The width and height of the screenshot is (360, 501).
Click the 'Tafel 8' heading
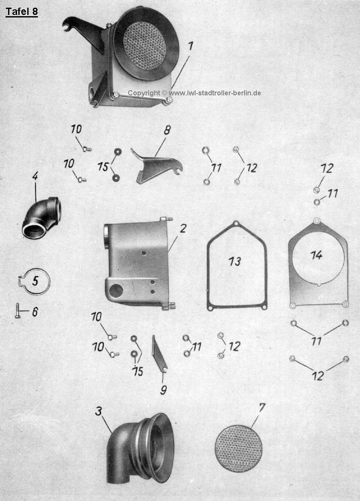click(x=22, y=12)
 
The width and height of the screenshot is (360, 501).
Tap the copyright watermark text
click(x=194, y=93)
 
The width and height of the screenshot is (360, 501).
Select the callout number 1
click(x=190, y=46)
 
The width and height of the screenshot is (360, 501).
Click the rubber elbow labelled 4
click(x=41, y=217)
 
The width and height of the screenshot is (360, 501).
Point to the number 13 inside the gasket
click(x=235, y=261)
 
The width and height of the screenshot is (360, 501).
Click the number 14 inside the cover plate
click(x=316, y=255)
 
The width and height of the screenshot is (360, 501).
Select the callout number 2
click(x=183, y=229)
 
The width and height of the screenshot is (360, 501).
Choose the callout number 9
click(x=163, y=389)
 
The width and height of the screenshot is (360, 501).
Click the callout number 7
click(x=262, y=407)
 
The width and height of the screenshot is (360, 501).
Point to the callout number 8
click(x=167, y=130)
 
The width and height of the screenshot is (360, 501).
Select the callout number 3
click(x=98, y=411)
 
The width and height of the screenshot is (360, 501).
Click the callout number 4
click(x=35, y=176)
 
